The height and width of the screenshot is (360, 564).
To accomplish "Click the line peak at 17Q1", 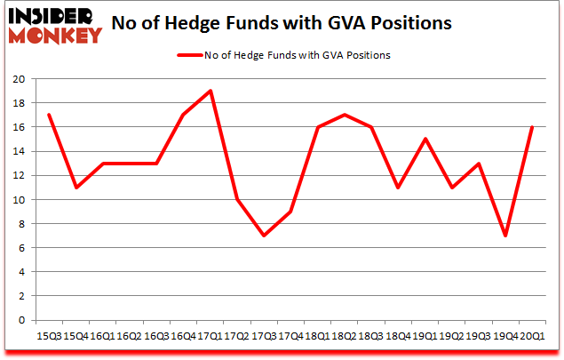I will (x=209, y=91).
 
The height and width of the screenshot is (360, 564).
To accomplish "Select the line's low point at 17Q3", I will (x=263, y=236).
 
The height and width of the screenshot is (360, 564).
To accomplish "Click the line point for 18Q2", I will (x=343, y=115).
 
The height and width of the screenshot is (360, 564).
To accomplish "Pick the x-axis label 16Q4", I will (x=182, y=337).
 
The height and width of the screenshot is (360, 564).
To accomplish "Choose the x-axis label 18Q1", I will (x=316, y=337).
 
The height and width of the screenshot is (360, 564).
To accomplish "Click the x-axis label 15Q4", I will (x=75, y=337).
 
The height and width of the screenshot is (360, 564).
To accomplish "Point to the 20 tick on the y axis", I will (x=17, y=79).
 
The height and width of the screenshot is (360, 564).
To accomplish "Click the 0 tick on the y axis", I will (x=20, y=320).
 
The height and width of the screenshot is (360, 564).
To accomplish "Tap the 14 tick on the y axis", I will (x=17, y=151).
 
